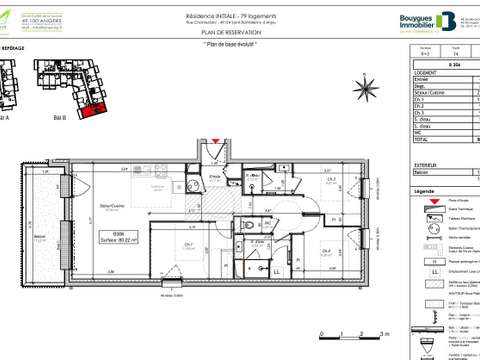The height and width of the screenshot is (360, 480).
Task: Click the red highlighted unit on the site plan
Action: [94, 107]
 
